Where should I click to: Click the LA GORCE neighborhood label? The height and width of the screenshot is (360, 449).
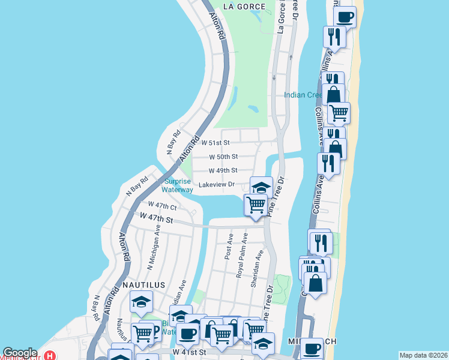coord(244,7)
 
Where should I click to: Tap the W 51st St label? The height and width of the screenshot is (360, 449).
coord(215,143)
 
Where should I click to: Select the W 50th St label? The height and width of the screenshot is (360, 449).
coord(223,157)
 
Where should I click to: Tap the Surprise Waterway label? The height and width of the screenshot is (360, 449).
coord(178,185)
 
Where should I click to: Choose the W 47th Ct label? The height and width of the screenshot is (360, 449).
coord(159,205)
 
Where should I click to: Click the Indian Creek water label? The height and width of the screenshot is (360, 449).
coord(304,95)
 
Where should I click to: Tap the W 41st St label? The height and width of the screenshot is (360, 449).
coord(189,351)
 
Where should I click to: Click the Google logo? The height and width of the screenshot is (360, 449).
coord(20,353)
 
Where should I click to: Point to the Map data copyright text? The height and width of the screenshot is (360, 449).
coord(423,355)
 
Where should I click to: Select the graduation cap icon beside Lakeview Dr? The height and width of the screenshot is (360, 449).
coord(261,188)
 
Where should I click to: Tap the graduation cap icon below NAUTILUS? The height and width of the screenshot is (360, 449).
coord(141,302)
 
